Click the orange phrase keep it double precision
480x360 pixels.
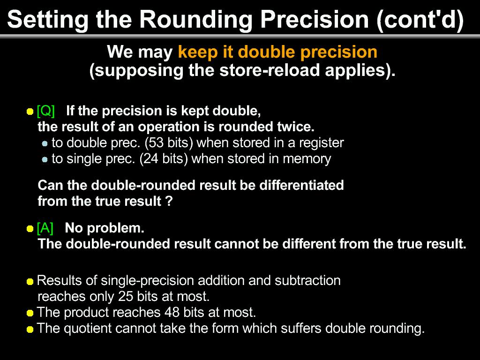(277, 52)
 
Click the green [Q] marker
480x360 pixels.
(45, 111)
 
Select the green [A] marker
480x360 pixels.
(45, 228)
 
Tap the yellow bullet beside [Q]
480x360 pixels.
(30, 112)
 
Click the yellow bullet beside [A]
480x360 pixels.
(30, 229)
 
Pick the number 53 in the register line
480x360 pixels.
(156, 142)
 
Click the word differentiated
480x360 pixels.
(301, 185)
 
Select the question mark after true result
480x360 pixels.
(170, 201)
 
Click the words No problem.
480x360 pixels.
(105, 228)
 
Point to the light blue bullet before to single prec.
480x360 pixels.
(45, 159)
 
